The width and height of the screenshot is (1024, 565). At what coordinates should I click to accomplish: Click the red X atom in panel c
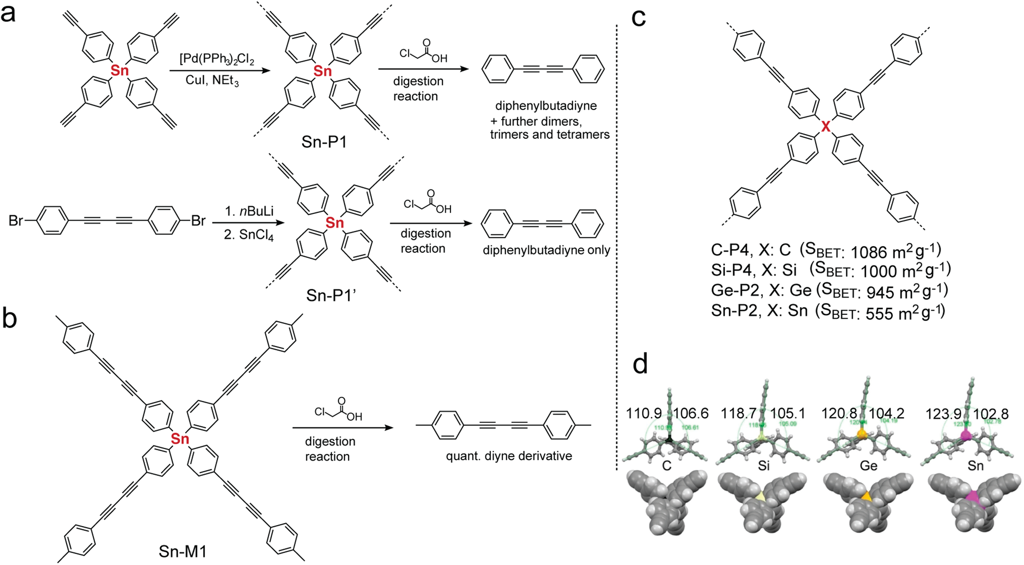click(x=825, y=126)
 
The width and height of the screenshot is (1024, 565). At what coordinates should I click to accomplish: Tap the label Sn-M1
click(x=183, y=551)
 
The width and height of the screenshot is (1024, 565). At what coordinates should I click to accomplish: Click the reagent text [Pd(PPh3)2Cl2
click(x=217, y=59)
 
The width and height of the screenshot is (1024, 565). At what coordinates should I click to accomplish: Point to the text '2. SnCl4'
click(x=249, y=236)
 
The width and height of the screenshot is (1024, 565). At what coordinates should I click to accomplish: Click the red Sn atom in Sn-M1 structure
click(x=180, y=438)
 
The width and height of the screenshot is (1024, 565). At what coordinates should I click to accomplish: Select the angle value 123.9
click(x=943, y=414)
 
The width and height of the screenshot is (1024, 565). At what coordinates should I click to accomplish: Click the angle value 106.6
click(x=691, y=413)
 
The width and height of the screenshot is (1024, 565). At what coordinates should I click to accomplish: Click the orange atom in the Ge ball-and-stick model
click(x=862, y=434)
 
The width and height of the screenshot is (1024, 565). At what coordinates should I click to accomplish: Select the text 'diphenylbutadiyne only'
click(x=546, y=250)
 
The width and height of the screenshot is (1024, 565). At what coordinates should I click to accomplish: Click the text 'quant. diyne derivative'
click(x=509, y=456)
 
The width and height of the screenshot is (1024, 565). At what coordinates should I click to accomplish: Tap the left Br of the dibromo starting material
click(x=16, y=221)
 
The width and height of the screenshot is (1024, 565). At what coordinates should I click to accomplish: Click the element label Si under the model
click(x=763, y=465)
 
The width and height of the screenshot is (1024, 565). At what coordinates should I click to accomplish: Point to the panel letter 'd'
click(x=640, y=364)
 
